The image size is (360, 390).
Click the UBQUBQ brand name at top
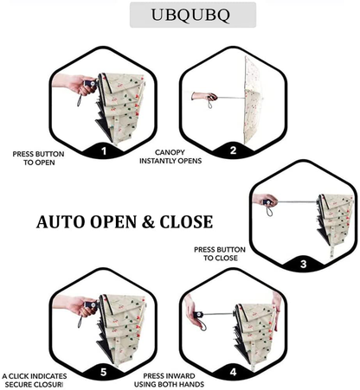click(190, 15)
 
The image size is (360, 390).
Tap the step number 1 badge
click(104, 150)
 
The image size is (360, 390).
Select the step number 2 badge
click(233, 150)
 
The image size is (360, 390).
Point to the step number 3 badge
click(303, 264)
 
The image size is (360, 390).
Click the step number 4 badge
click(233, 372)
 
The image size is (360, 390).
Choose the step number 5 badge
click(104, 372)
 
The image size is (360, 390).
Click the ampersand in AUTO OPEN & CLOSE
click(148, 222)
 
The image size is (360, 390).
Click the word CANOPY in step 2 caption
click(170, 152)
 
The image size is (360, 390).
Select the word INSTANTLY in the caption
click(157, 161)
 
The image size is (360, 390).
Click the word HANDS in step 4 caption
click(192, 384)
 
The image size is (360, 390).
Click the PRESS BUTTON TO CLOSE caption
click(220, 253)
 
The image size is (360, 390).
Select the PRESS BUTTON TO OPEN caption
click(38, 158)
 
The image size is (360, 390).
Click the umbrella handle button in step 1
click(93, 84)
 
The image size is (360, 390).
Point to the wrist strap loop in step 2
click(210, 104)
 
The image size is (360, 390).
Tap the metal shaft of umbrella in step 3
click(297, 201)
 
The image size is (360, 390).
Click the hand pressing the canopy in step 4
click(277, 310)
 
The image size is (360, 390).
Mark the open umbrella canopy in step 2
click(254, 100)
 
